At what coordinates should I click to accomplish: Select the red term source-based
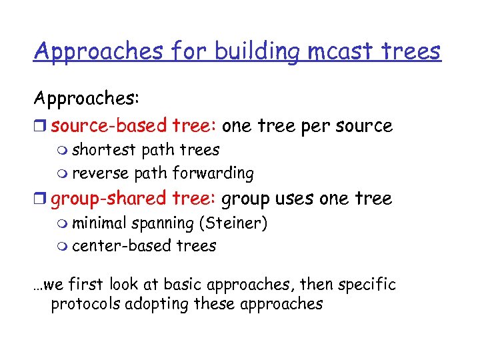(109, 125)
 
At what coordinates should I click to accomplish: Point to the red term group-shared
(109, 199)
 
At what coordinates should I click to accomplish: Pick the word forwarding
(213, 173)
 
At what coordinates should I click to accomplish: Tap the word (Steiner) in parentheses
(237, 223)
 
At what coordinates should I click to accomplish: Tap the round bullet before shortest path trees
(63, 150)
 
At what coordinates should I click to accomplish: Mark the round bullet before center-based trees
(63, 247)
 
